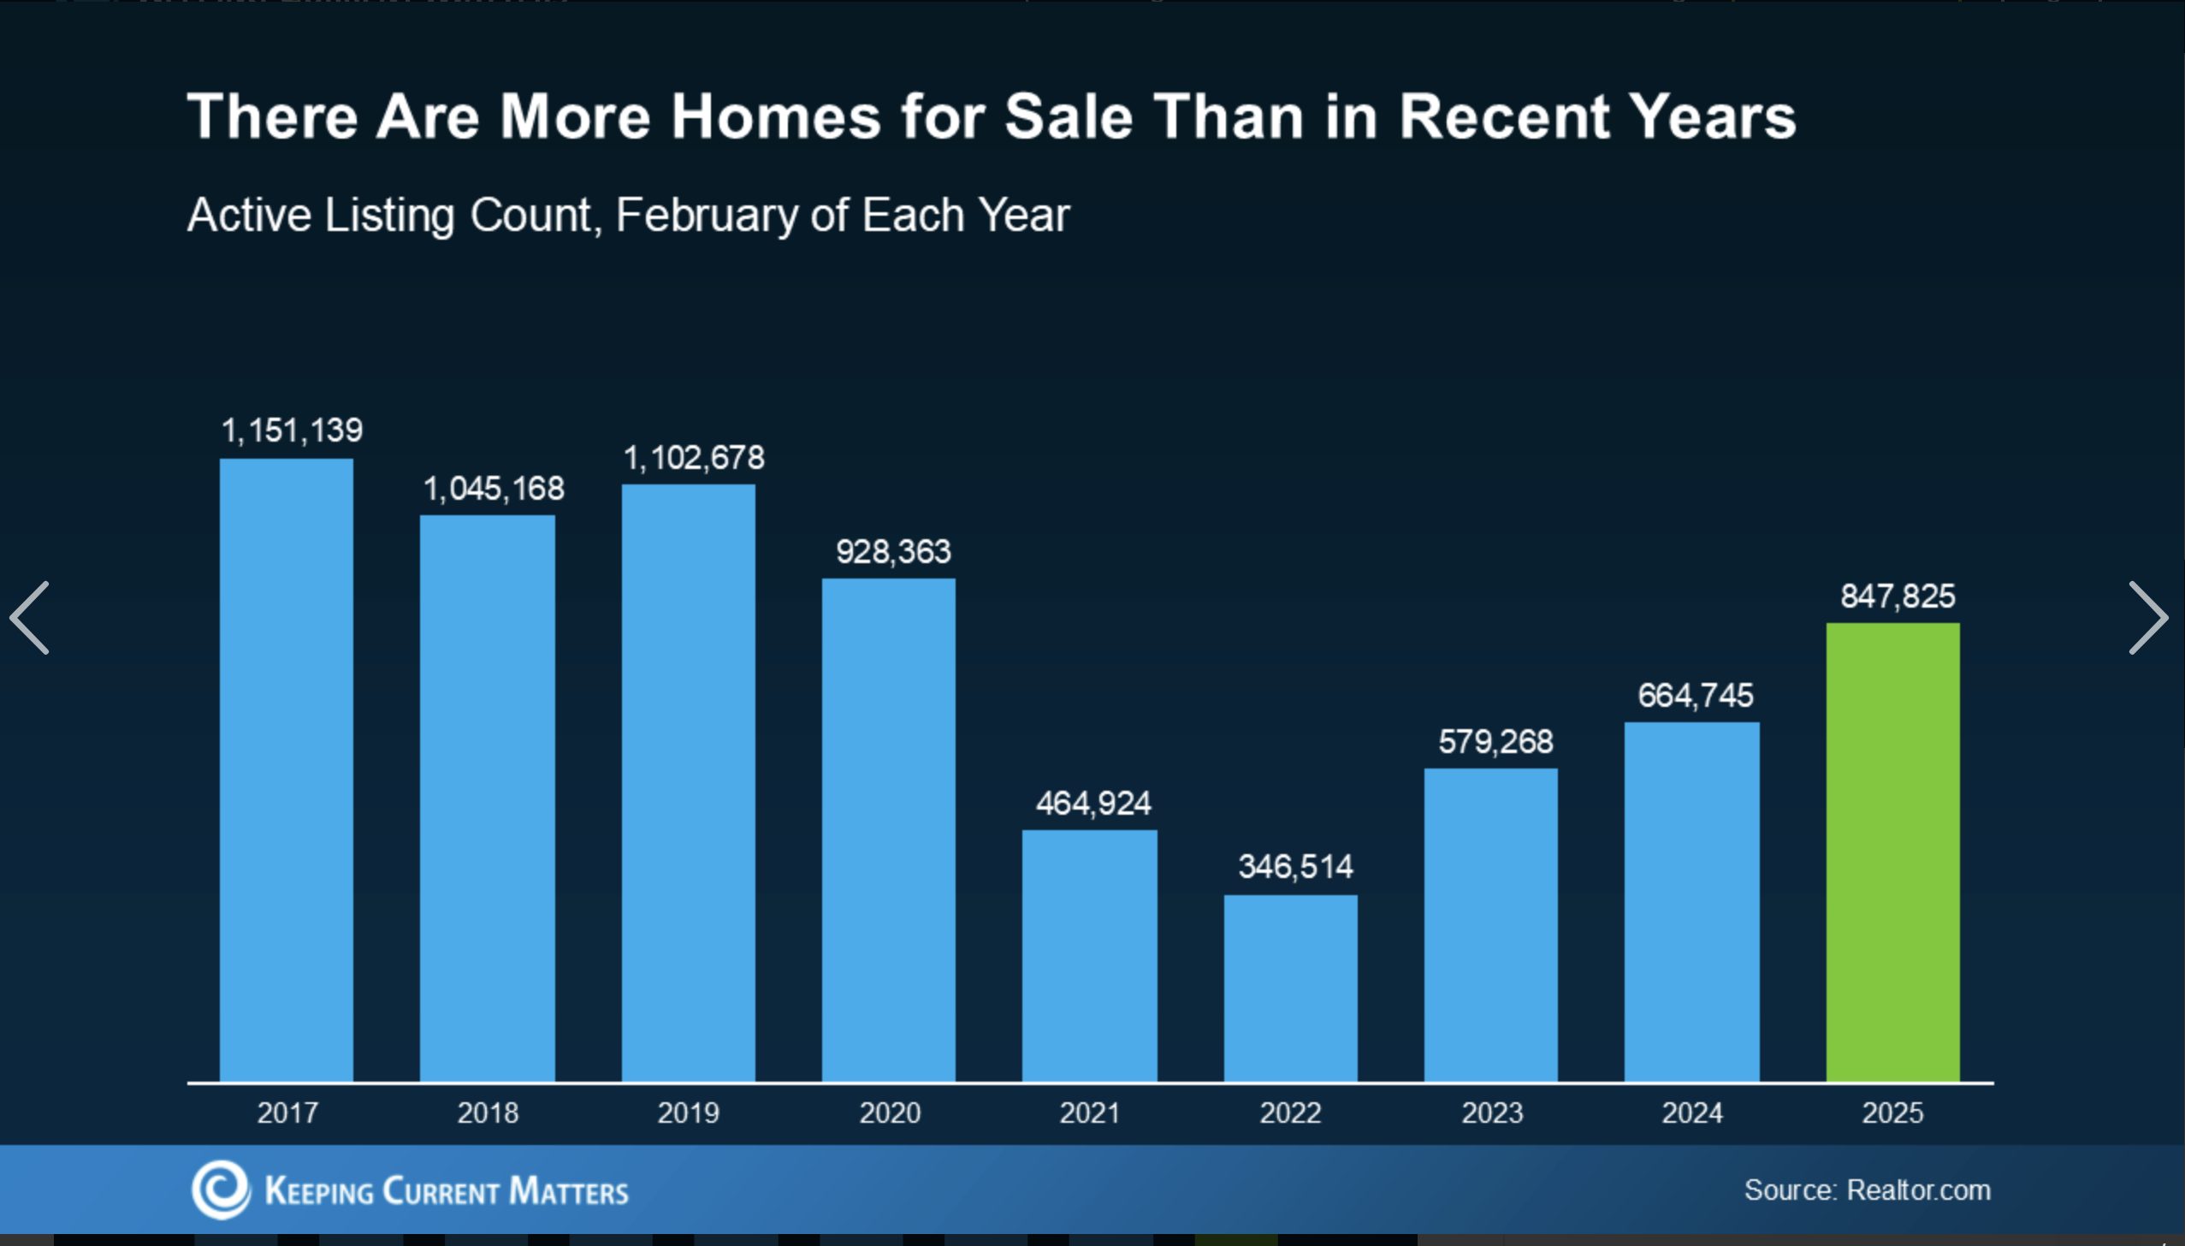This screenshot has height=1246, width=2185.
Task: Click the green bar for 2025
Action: [x=1892, y=851]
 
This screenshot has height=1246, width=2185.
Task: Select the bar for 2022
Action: [x=1290, y=988]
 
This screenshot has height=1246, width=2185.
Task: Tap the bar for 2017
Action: [x=286, y=770]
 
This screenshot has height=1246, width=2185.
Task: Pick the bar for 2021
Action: [x=1089, y=955]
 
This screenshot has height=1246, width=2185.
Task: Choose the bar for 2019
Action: [x=688, y=783]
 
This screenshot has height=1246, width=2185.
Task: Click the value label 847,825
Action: [x=1898, y=596]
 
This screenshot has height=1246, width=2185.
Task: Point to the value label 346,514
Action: [x=1295, y=867]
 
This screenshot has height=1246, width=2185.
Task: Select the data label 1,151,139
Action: [x=292, y=430]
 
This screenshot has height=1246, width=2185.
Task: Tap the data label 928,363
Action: [x=893, y=552]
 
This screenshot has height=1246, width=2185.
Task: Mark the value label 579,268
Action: [x=1495, y=742]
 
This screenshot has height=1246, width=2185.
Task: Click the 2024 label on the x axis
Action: [x=1691, y=1112]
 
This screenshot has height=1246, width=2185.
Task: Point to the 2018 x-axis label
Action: [x=488, y=1112]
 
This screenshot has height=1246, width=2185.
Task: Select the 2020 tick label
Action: [x=890, y=1112]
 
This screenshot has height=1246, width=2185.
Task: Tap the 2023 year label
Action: [x=1492, y=1112]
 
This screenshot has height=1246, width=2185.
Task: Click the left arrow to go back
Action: [x=29, y=618]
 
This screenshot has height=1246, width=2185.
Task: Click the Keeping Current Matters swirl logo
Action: [x=221, y=1190]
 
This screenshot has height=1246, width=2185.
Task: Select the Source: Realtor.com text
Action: [x=1867, y=1190]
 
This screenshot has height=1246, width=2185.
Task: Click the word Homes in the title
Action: [x=775, y=116]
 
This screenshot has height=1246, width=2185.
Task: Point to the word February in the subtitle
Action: [x=707, y=215]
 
